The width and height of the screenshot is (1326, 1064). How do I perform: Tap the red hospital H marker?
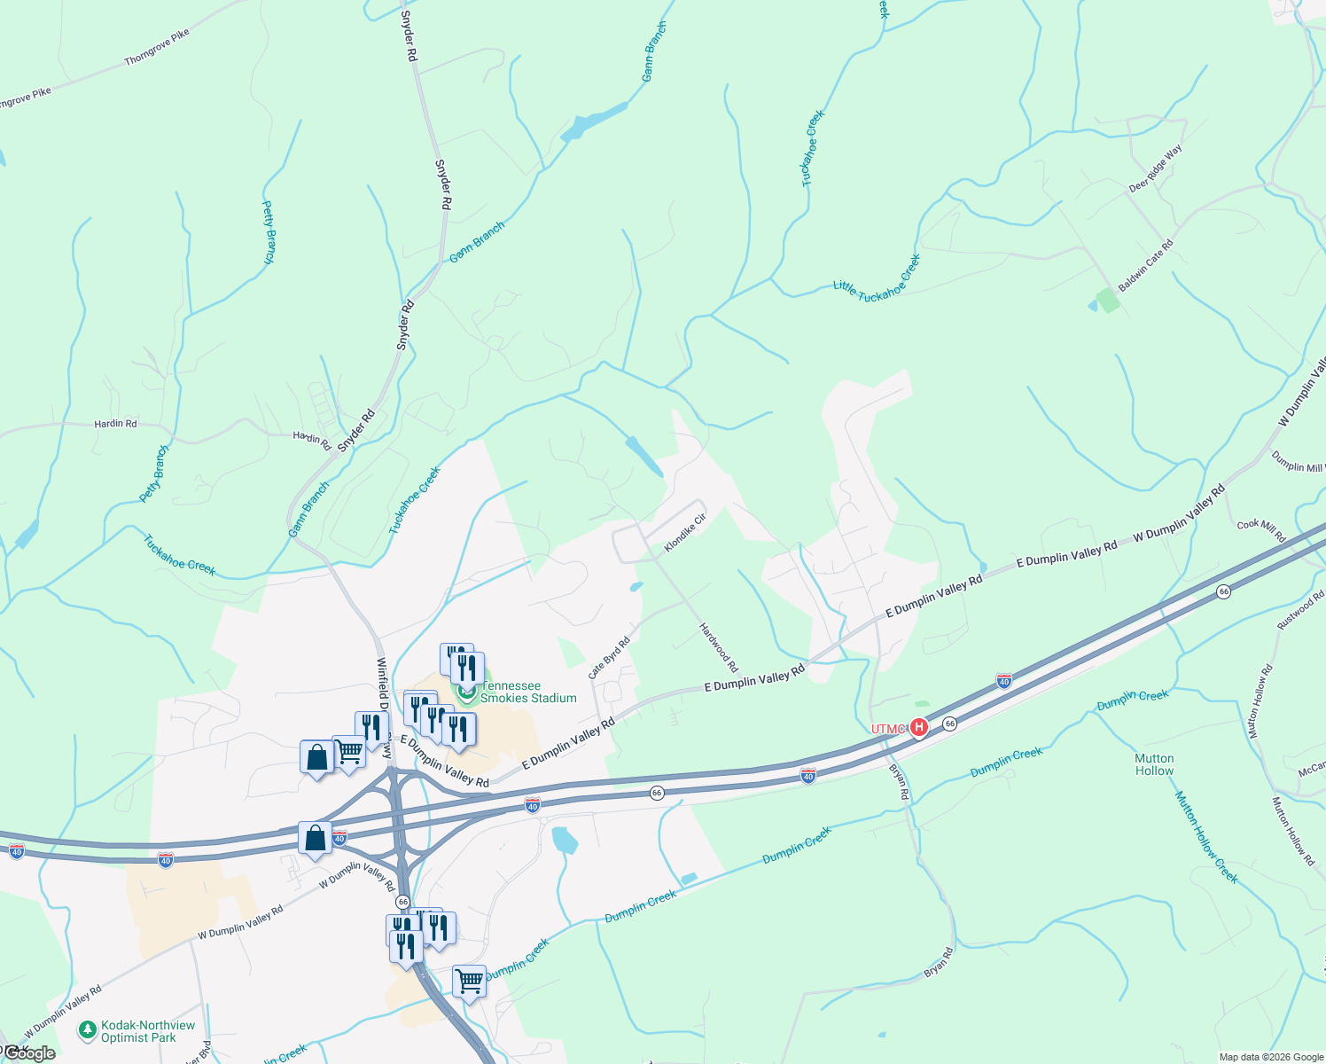pyautogui.click(x=919, y=728)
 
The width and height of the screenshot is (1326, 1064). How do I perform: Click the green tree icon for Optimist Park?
pyautogui.click(x=87, y=1030)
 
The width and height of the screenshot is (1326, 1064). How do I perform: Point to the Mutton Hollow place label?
pyautogui.click(x=1154, y=764)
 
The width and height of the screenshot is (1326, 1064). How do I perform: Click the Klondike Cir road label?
pyautogui.click(x=685, y=533)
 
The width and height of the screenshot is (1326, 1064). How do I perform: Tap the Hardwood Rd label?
pyautogui.click(x=718, y=648)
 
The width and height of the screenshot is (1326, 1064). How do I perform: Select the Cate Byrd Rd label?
pyautogui.click(x=609, y=658)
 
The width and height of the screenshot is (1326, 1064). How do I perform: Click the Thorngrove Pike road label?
pyautogui.click(x=157, y=47)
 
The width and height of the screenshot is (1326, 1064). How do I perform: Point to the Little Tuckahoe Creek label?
pyautogui.click(x=877, y=278)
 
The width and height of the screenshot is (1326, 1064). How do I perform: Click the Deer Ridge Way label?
pyautogui.click(x=1155, y=168)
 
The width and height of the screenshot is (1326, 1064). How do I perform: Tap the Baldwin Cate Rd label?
pyautogui.click(x=1145, y=265)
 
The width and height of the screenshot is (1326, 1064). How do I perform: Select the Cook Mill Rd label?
pyautogui.click(x=1260, y=530)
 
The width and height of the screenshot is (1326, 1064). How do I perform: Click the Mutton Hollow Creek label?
pyautogui.click(x=1205, y=836)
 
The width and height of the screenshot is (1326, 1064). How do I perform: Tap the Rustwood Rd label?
pyautogui.click(x=1300, y=610)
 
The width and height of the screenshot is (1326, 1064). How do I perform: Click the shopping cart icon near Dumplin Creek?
pyautogui.click(x=469, y=982)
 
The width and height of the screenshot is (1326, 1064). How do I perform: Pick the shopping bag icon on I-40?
pyautogui.click(x=316, y=838)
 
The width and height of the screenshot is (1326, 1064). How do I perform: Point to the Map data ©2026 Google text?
pyautogui.click(x=1270, y=1057)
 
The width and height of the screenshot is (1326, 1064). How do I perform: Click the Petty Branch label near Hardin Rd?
pyautogui.click(x=154, y=474)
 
